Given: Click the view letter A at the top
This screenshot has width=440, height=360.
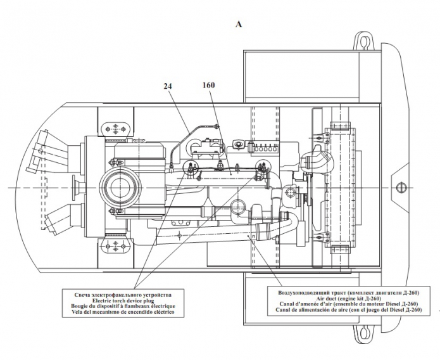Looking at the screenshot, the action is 239,25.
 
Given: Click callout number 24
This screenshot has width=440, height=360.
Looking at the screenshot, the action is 168,86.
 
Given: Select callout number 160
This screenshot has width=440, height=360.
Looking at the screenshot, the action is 208,85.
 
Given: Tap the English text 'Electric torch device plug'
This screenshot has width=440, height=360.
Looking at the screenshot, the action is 123,300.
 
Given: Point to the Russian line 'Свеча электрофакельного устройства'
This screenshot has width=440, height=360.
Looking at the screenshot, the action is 123,295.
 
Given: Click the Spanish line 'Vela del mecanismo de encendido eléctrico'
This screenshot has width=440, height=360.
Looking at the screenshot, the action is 123,312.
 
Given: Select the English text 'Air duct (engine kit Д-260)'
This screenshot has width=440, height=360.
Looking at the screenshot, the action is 349,299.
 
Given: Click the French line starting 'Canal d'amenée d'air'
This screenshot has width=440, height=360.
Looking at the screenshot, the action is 349,304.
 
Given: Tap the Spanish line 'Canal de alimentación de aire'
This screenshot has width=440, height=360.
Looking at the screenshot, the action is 349,310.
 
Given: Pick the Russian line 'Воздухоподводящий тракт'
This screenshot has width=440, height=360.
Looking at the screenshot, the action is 349,293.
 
